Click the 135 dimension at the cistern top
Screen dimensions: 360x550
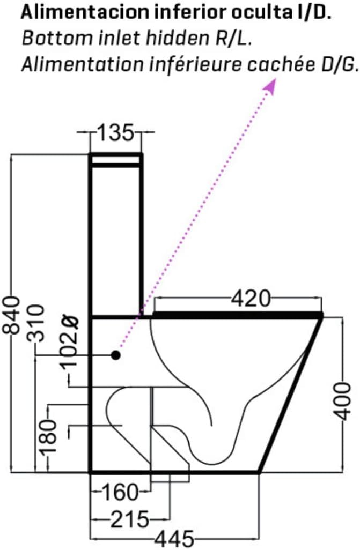pyautogui.click(x=115, y=132)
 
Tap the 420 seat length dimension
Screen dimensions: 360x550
pyautogui.click(x=251, y=299)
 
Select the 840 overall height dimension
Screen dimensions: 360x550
pyautogui.click(x=11, y=315)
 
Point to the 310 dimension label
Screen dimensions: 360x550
pyautogui.click(x=36, y=323)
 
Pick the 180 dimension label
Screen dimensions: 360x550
pyautogui.click(x=48, y=437)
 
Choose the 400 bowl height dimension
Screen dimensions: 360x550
pyautogui.click(x=342, y=402)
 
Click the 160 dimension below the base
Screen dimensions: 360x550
pyautogui.click(x=120, y=492)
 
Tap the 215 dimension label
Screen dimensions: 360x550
pyautogui.click(x=130, y=519)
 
